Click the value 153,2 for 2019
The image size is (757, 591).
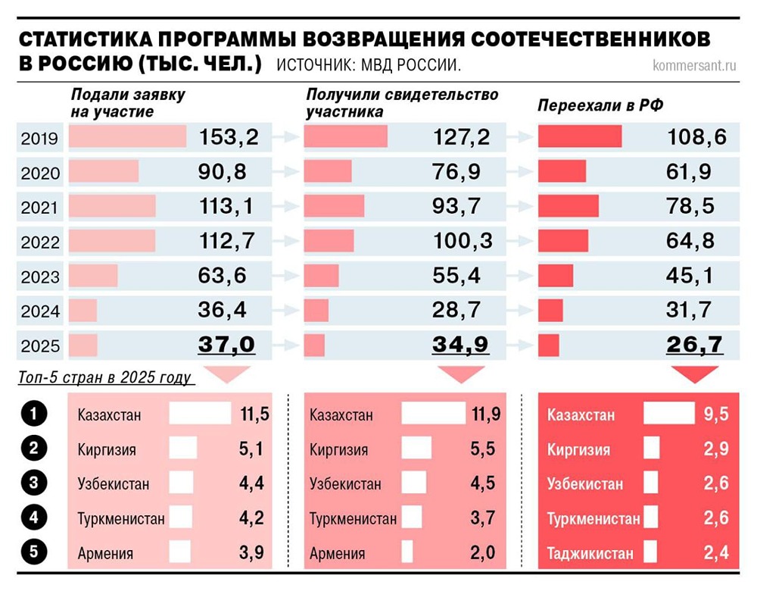[229, 137]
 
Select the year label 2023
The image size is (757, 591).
[40, 277]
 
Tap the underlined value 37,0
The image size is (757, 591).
[226, 345]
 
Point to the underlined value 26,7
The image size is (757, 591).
[695, 345]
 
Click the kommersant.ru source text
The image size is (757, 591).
[694, 65]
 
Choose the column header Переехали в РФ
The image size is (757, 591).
[600, 105]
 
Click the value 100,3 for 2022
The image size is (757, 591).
[463, 242]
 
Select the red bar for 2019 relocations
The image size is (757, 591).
[580, 137]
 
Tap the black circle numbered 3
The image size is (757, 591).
[34, 483]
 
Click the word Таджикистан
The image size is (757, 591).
[590, 554]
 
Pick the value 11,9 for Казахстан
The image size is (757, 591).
[484, 414]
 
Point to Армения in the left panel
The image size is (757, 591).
[105, 554]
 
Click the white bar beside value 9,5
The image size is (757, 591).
[668, 414]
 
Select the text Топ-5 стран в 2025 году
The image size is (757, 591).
[105, 377]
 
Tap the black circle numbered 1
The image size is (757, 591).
[34, 414]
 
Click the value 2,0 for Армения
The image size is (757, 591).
[481, 554]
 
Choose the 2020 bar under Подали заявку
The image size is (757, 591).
[104, 172]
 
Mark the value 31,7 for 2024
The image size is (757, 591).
[690, 311]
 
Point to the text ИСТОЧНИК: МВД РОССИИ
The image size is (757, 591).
[369, 65]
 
